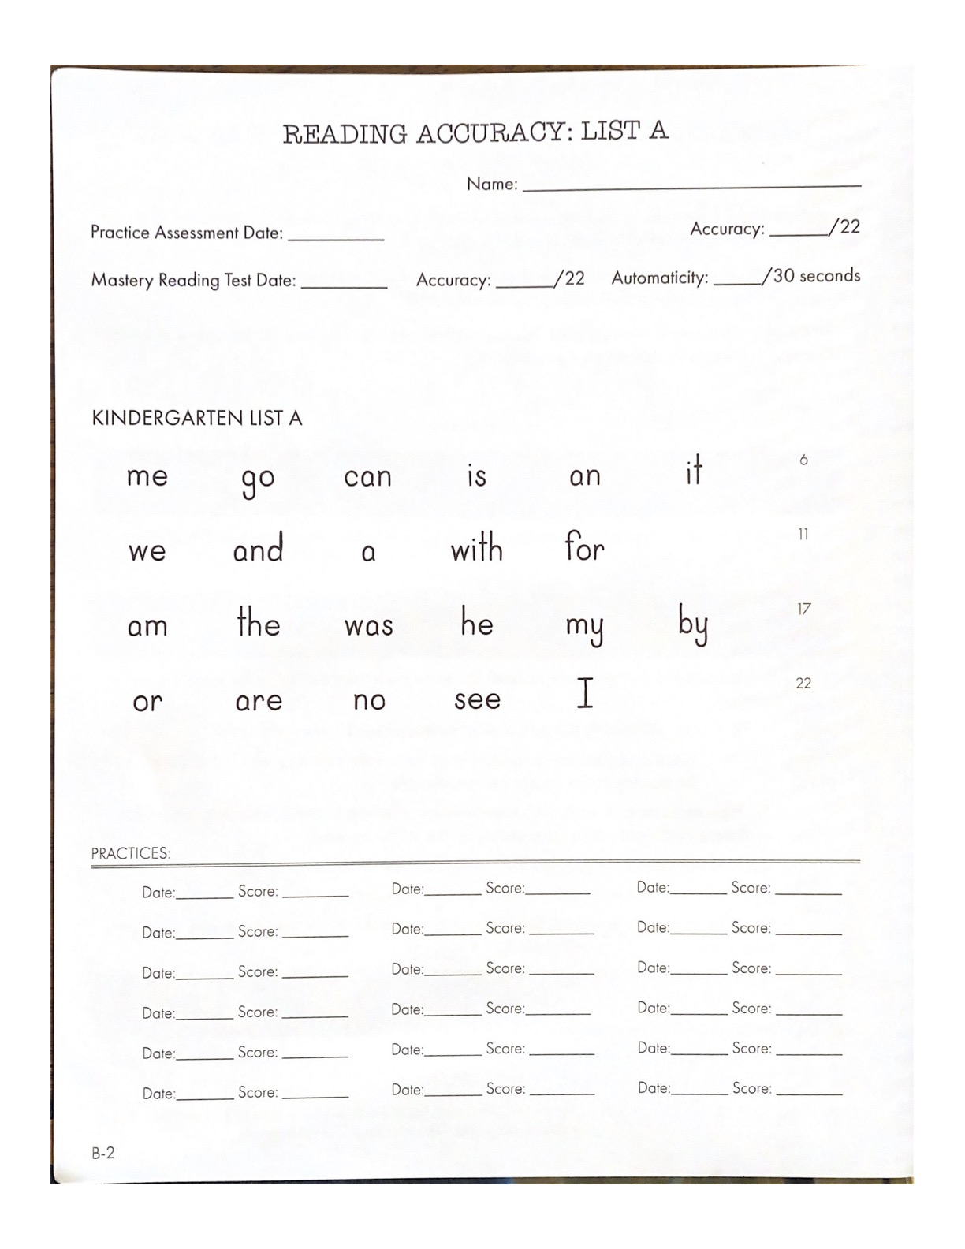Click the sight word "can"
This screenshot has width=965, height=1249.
pos(367,476)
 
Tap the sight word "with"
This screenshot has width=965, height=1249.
pos(476,547)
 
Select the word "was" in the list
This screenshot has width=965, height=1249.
pos(368,626)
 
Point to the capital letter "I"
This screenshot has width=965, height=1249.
pos(584,694)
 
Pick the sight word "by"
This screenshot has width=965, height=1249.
pos(693,625)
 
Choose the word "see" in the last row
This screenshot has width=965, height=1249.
pos(477,699)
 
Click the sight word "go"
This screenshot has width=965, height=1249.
pos(258,479)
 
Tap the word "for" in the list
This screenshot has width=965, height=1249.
pos(584,546)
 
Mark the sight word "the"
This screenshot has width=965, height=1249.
pos(259,623)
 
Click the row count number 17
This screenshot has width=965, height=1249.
pos(803,609)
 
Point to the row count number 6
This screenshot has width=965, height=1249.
pos(803,460)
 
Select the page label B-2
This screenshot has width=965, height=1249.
pos(103,1153)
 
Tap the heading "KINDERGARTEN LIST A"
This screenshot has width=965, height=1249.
pos(197,418)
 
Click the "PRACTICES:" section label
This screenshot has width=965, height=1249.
pos(131,853)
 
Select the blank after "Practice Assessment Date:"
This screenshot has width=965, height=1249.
pos(336,235)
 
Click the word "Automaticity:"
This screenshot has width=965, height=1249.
pos(660,278)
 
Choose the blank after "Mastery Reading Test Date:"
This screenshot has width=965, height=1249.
pos(344,283)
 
